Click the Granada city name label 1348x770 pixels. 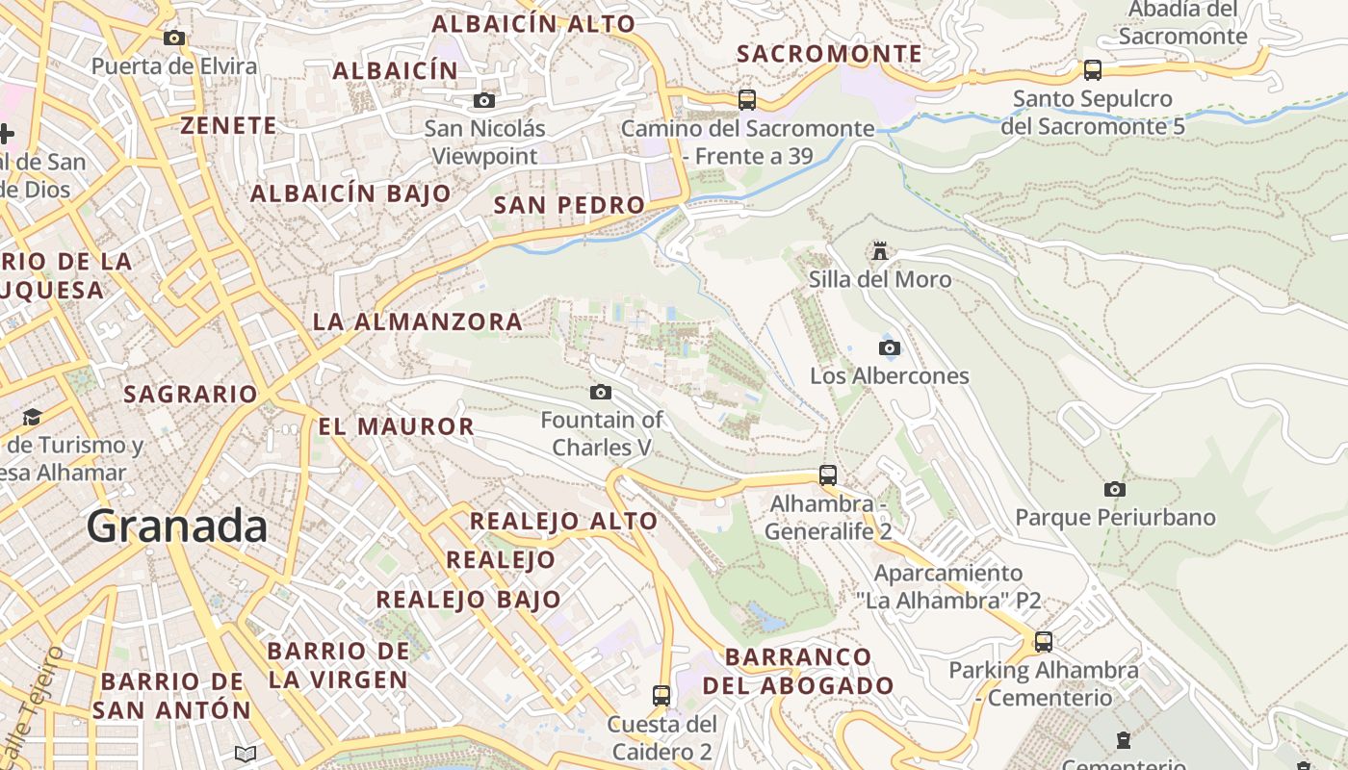177,526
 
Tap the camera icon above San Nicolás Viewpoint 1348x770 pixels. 484,100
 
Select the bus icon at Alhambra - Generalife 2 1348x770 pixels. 828,475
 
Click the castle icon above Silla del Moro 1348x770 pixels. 879,251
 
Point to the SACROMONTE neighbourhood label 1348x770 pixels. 829,54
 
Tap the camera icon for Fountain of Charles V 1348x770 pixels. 601,392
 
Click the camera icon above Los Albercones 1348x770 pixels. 890,347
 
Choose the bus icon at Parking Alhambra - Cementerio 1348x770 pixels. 1044,641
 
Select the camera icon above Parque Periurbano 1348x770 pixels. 1115,489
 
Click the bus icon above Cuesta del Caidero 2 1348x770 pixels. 661,695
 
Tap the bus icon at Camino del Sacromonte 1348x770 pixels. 746,99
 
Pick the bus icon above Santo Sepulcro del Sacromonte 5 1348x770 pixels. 1092,69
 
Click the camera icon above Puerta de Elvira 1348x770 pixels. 174,38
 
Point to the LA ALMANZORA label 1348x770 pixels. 418,321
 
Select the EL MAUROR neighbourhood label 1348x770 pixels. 396,426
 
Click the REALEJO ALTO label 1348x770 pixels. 563,522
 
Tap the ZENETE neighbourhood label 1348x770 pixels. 229,125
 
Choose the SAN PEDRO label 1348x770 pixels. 568,205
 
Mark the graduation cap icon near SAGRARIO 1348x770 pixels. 33,417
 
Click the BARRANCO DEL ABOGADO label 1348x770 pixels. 798,671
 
